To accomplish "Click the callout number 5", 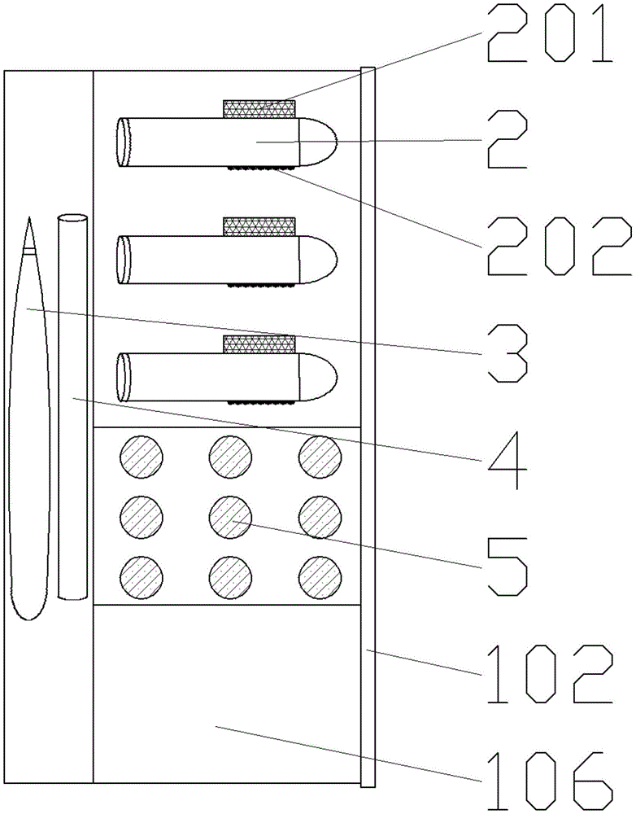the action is [x=506, y=563].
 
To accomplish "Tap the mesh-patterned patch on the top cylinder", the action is [x=259, y=108].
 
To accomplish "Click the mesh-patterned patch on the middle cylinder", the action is [x=259, y=227].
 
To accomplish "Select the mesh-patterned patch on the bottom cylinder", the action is [x=259, y=344].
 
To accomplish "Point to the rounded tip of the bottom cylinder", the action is [x=319, y=377].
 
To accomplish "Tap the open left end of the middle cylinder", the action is [x=124, y=260].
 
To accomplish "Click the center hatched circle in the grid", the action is [x=231, y=514].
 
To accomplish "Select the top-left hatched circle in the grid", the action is [x=142, y=454].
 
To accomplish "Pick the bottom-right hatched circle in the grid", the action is [x=320, y=576].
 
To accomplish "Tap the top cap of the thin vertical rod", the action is [x=72, y=217].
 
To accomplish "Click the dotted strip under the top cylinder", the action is [x=259, y=169].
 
